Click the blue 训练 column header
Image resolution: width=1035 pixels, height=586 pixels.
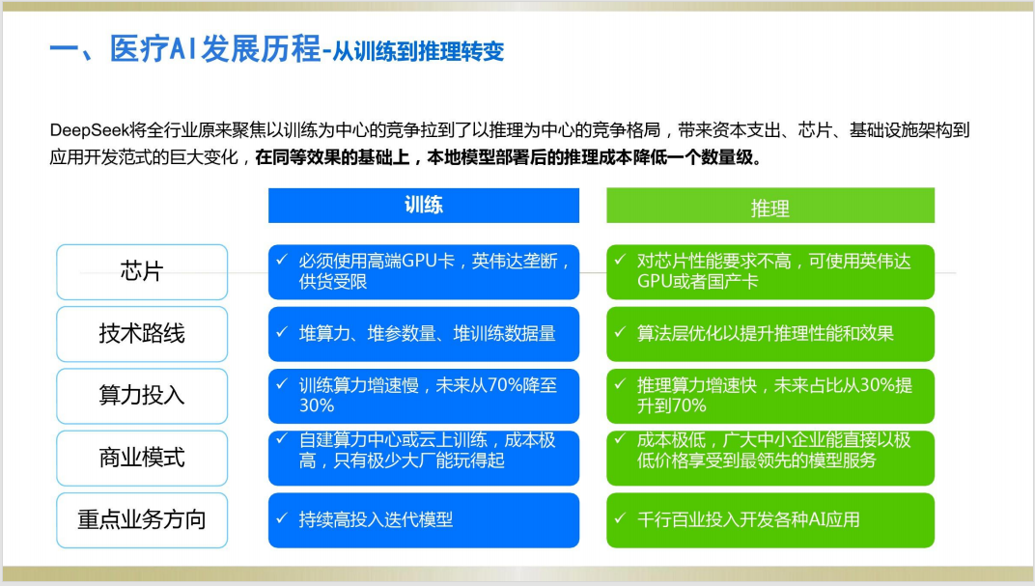[424, 206]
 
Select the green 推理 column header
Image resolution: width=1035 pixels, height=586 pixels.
[770, 206]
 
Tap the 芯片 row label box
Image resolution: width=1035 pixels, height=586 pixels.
[142, 272]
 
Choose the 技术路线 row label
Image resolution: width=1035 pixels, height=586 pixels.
[142, 334]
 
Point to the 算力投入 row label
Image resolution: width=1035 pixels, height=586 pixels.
[142, 396]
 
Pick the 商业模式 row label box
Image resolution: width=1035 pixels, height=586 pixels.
[142, 458]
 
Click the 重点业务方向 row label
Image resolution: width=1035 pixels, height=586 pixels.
[142, 520]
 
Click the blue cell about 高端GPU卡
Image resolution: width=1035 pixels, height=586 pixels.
[424, 272]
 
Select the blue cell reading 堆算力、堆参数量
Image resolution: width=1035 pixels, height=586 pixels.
[424, 334]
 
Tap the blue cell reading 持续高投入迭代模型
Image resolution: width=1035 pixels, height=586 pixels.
[424, 520]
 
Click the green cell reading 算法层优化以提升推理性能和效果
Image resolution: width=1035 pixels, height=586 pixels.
[770, 334]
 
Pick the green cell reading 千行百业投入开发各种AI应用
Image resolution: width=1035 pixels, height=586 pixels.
[770, 520]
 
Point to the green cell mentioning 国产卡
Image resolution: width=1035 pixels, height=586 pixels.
[770, 272]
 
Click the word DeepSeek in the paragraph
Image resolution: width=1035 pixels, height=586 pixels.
[89, 130]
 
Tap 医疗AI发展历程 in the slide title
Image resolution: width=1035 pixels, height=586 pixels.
[214, 49]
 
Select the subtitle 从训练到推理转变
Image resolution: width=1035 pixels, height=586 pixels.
[418, 51]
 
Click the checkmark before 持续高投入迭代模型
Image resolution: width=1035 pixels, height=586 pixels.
[282, 518]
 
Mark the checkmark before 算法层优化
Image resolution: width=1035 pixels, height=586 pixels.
[620, 332]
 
